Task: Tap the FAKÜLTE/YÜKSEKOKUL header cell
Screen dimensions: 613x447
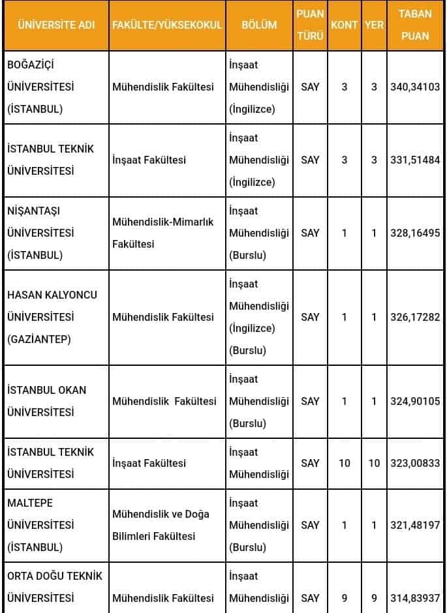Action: point(167,25)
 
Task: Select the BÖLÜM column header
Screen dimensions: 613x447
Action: point(259,25)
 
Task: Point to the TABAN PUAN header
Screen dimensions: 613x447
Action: point(415,25)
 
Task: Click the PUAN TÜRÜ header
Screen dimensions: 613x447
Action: point(311,25)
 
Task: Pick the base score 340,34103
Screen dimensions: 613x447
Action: point(415,87)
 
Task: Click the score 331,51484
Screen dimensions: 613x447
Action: point(415,160)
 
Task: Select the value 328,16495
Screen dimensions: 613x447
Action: point(415,233)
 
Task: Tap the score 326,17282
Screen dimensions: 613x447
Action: point(415,317)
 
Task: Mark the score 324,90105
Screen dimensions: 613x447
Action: point(415,401)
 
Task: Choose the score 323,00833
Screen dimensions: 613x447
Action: point(415,463)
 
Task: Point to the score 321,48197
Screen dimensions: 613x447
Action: point(415,525)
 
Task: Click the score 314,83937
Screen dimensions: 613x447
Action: point(415,598)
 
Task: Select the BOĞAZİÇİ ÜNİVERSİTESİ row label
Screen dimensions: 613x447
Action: point(41,87)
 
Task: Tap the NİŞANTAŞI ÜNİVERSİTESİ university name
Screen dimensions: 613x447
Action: point(41,233)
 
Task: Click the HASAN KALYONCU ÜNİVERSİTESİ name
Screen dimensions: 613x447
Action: point(52,317)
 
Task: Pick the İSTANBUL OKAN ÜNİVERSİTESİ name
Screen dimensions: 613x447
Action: point(47,401)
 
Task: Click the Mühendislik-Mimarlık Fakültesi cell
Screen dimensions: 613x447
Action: point(163,233)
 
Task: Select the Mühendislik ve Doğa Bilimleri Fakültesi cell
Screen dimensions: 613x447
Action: point(161,525)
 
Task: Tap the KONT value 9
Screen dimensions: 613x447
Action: point(345,598)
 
